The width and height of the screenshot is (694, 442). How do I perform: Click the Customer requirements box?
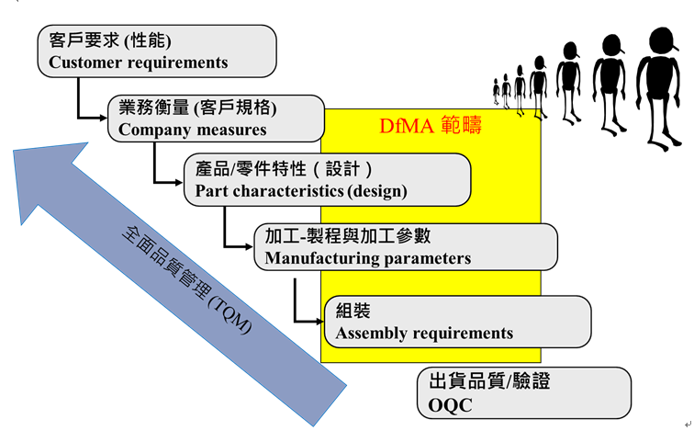coord(157,51)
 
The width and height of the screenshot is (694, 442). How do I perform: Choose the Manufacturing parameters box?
coord(405,246)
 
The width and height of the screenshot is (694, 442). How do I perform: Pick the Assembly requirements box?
coord(457,322)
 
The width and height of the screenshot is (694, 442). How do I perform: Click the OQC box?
coord(523,392)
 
